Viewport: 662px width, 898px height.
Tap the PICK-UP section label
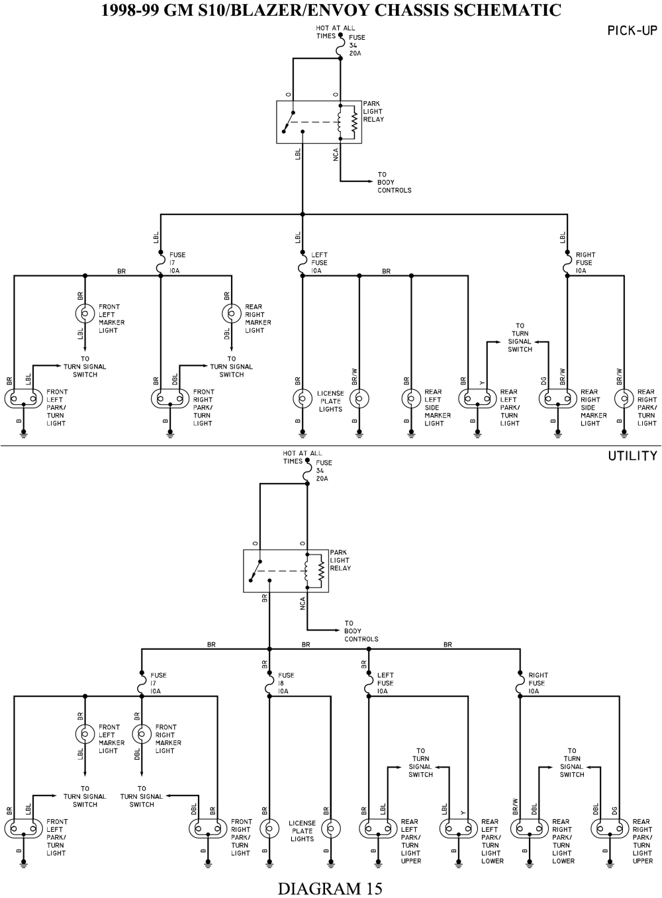click(632, 31)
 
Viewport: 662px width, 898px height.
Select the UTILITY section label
click(632, 456)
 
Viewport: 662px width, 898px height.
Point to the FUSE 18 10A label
click(286, 683)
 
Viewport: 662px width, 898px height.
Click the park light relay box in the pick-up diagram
click(318, 122)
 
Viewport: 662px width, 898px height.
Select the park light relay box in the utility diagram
click(285, 570)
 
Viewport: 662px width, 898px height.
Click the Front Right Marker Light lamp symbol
click(141, 734)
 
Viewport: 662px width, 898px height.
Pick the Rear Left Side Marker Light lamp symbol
click(411, 398)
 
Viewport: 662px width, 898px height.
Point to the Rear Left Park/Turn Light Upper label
click(410, 841)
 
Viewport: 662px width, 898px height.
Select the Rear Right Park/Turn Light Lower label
click(562, 841)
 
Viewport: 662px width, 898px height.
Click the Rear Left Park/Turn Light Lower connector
click(458, 829)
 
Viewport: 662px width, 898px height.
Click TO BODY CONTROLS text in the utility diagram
click(361, 631)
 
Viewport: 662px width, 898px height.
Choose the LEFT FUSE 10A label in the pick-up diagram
click(319, 263)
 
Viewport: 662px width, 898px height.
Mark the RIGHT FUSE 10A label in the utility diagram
click(538, 683)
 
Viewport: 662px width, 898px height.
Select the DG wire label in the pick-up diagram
click(544, 381)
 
